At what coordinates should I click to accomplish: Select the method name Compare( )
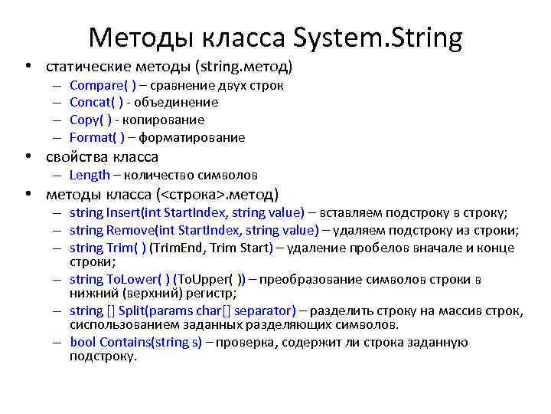(x=103, y=85)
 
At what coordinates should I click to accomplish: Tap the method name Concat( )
(x=99, y=103)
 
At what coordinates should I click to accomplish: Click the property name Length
(x=90, y=176)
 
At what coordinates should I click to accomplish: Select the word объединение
(x=175, y=103)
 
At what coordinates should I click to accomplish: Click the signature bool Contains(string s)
(x=135, y=343)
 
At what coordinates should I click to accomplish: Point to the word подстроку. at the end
(x=103, y=356)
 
